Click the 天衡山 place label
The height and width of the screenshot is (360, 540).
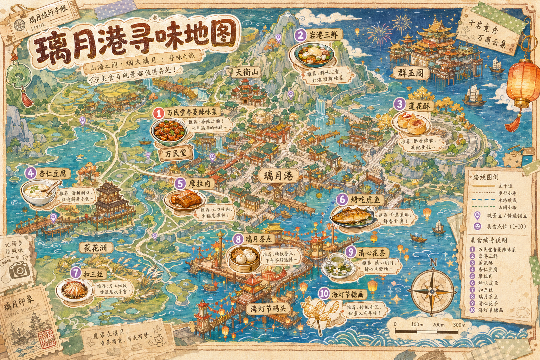[x=246, y=72]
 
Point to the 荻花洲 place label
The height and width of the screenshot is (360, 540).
[x=95, y=247]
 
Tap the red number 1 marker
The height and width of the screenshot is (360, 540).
[x=159, y=113]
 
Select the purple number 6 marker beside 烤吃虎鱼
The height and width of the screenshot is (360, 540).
[x=342, y=199]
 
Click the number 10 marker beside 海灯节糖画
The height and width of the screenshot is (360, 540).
[x=324, y=294]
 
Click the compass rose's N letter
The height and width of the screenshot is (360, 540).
[x=433, y=262]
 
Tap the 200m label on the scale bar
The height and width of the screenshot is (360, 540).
[x=438, y=324]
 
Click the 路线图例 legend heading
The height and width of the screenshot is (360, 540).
[x=486, y=177]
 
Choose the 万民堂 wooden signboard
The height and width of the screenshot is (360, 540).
[x=176, y=153]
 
